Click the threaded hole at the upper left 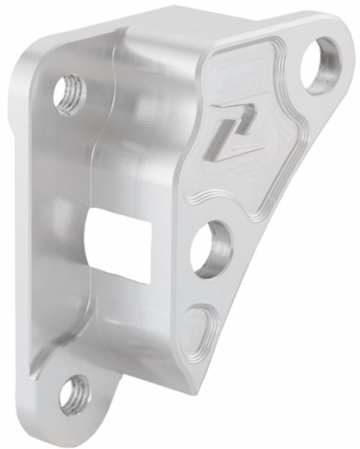coord(70,94)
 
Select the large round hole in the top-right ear coord(320,64)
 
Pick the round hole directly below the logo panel coord(212,248)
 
